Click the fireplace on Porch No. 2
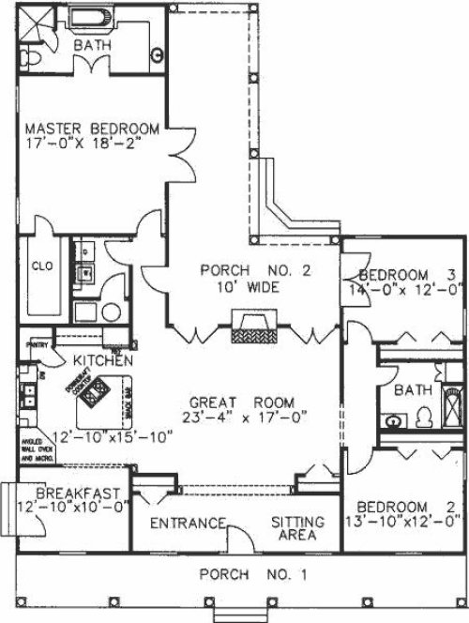253,331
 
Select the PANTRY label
37,343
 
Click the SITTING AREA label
298,531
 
